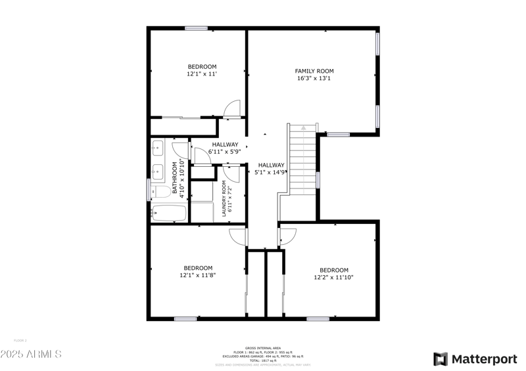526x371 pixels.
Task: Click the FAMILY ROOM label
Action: tap(314, 71)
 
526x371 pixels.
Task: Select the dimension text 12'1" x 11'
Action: tap(202, 74)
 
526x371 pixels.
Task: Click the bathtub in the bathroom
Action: tap(168, 213)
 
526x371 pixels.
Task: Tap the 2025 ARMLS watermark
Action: tap(31, 354)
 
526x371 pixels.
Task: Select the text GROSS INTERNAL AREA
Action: tap(263, 347)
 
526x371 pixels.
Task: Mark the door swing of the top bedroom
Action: tap(232, 109)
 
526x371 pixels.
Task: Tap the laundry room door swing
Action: tap(231, 173)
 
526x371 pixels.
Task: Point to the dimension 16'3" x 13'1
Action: tap(314, 78)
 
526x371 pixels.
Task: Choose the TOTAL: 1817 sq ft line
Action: tap(263, 360)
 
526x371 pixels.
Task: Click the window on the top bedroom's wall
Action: tap(196, 28)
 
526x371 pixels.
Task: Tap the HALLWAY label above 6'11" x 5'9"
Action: tap(225, 144)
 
